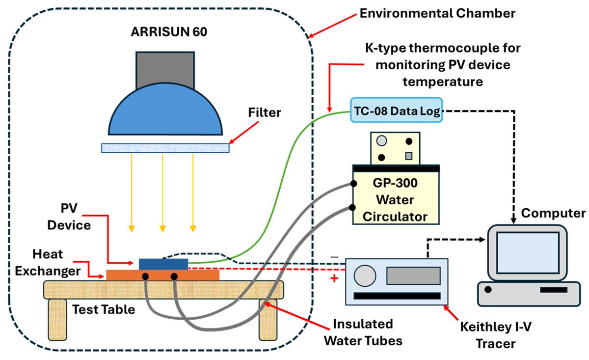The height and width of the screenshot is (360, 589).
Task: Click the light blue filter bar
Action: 165,147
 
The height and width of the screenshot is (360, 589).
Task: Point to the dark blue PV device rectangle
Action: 163,264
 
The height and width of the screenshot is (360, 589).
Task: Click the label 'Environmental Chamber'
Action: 438,13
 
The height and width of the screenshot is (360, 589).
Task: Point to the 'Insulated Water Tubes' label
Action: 363,332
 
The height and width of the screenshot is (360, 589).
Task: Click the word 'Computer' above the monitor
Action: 553,213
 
